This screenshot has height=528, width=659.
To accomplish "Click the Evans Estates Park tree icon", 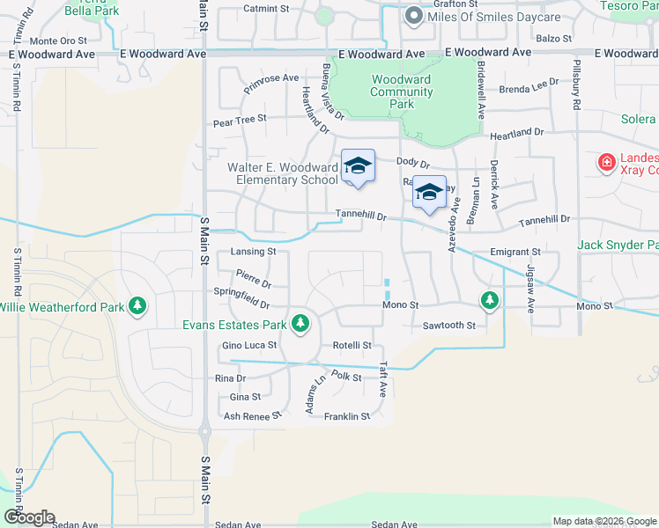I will [300, 324].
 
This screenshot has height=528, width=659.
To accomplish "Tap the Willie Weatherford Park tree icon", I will [137, 305].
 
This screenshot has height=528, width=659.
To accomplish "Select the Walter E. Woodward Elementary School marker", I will [358, 166].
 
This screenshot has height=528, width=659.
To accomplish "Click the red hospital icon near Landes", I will [606, 162].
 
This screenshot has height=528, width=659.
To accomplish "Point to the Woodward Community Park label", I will [401, 92].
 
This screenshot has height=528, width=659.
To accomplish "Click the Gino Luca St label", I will [249, 346].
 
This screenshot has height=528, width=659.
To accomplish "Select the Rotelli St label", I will [352, 346].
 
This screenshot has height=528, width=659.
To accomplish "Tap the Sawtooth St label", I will [448, 326].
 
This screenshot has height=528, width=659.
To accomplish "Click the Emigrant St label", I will [516, 252].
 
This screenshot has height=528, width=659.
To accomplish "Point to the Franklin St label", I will [346, 417].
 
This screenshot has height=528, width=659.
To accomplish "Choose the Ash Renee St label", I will [251, 414].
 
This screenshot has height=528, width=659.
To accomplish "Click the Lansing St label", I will [253, 252].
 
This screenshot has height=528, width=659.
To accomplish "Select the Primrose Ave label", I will [272, 78].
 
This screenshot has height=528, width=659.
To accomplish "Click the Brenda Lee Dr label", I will [529, 86].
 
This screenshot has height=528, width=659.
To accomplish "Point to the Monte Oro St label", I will [58, 40].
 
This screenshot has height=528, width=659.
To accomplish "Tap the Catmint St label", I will [266, 9].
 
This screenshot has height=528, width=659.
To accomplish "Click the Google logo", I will [28, 517].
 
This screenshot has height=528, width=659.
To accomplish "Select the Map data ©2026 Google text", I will [603, 521].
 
